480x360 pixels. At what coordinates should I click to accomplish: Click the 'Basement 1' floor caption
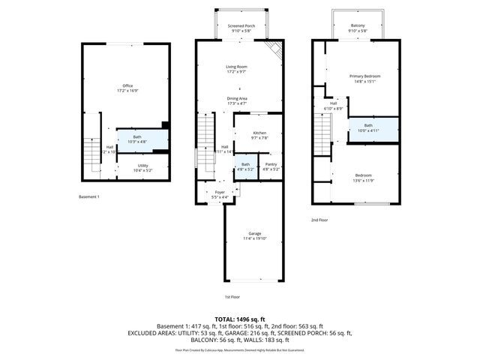[89, 196]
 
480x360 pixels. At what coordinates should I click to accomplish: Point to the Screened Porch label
[241, 28]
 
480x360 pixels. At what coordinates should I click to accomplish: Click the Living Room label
[237, 69]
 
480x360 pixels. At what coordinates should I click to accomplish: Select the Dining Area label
[237, 100]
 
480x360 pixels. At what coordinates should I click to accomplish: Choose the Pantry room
[270, 167]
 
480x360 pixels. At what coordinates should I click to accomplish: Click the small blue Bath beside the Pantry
[245, 166]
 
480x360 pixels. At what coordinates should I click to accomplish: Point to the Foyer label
[220, 194]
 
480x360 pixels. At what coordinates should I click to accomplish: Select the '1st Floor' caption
[232, 297]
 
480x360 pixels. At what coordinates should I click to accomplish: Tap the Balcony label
[358, 28]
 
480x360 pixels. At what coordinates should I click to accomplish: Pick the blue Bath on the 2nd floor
[368, 127]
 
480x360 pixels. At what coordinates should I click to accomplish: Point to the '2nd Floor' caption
[320, 220]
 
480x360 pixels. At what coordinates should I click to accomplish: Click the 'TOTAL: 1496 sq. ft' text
[240, 319]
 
